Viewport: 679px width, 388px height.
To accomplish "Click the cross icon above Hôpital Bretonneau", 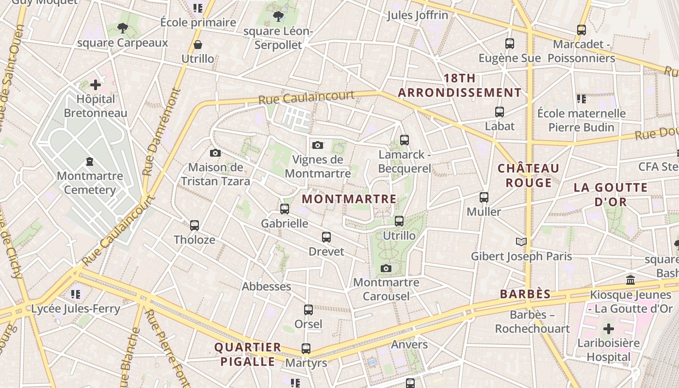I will tap(96, 85).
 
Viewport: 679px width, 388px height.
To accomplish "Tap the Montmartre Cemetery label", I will tap(90, 182).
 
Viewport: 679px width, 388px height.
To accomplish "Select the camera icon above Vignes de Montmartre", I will tap(318, 145).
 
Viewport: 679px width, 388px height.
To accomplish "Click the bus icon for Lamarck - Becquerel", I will tap(404, 140).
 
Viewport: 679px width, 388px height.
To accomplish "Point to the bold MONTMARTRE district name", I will tap(349, 199).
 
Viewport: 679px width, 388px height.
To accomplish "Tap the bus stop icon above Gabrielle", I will tap(285, 209).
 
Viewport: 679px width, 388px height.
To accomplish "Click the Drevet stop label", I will tap(326, 251).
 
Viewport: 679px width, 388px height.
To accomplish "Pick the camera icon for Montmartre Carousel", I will tap(386, 268).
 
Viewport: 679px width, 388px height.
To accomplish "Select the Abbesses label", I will tap(266, 286).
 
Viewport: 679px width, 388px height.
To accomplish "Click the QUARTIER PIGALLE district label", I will tap(248, 354).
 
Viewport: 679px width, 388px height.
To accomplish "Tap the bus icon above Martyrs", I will tap(306, 348).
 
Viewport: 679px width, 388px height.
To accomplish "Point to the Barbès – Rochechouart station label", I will tap(533, 322).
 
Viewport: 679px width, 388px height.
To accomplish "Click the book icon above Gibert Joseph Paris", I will tap(521, 242).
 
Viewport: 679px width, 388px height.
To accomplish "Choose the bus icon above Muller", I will tap(484, 197).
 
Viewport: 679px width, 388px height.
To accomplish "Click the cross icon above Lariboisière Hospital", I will tap(608, 329).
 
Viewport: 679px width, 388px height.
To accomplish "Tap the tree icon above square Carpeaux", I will tap(123, 29).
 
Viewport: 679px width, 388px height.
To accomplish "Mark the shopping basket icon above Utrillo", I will tap(198, 45).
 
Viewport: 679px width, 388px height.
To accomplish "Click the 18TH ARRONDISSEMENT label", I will tap(460, 85).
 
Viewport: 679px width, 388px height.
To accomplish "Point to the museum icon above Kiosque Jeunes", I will tap(631, 280).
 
